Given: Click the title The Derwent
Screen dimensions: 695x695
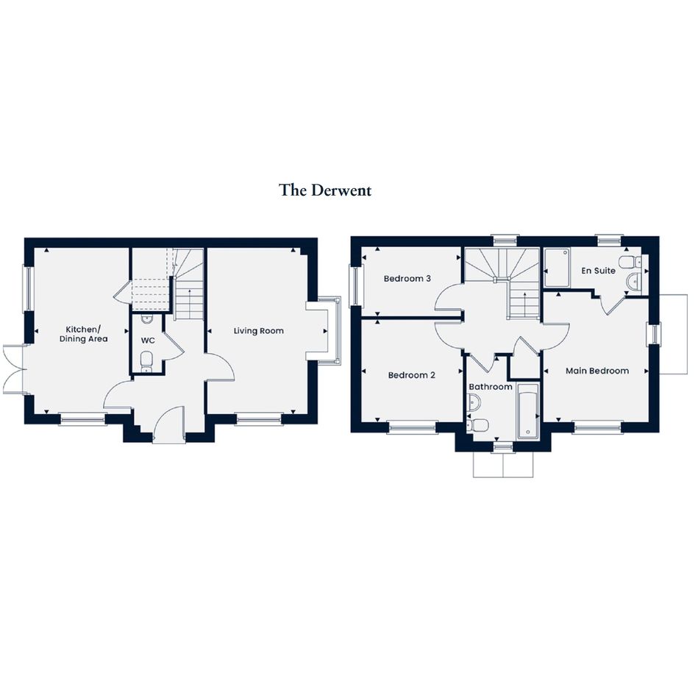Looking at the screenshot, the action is tap(325, 190).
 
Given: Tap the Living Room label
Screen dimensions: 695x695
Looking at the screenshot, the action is tap(258, 331).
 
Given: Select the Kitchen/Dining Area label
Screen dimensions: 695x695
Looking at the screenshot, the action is tap(83, 334).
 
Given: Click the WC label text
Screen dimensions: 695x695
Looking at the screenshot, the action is tap(148, 341).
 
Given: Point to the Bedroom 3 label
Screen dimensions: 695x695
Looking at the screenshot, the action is tap(407, 278).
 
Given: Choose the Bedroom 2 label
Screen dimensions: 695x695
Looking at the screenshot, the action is tap(411, 375).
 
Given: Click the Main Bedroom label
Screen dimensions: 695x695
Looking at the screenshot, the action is tap(597, 371).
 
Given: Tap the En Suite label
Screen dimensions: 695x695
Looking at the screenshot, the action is tap(598, 271).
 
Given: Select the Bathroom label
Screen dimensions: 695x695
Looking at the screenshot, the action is tap(491, 387).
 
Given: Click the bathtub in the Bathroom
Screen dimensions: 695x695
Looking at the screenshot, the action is tap(528, 411).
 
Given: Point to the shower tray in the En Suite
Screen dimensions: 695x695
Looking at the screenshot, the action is tap(557, 268).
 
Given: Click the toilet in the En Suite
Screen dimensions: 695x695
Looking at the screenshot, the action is tap(630, 262).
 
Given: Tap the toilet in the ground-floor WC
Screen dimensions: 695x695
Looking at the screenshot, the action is tap(146, 361).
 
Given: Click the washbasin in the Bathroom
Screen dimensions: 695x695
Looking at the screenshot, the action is tap(473, 402).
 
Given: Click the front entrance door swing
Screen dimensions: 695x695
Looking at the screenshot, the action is tap(168, 424).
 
